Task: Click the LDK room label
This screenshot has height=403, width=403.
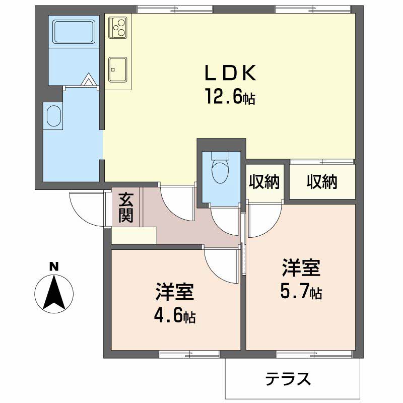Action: (230, 74)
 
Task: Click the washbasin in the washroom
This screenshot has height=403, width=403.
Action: (53, 115)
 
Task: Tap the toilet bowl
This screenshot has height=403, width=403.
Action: (220, 171)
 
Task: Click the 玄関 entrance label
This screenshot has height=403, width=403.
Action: (126, 208)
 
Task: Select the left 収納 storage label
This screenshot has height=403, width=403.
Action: (263, 182)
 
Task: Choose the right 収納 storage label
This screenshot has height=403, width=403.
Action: (322, 182)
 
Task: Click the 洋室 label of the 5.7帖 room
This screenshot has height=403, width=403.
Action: (301, 268)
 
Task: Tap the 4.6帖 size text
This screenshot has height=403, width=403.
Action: (174, 316)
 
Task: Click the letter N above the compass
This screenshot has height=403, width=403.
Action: (54, 266)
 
